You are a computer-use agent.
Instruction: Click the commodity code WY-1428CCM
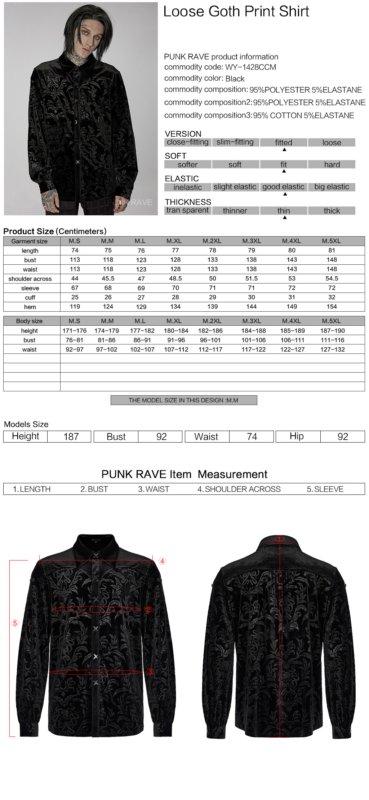click(x=250, y=67)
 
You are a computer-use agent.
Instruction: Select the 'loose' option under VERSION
click(x=332, y=142)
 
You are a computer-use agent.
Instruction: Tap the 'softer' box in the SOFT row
click(x=187, y=165)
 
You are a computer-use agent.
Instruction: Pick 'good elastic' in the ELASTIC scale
click(x=283, y=187)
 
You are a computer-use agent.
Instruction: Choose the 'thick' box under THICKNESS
click(x=332, y=211)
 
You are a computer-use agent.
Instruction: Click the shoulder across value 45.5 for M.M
click(x=108, y=278)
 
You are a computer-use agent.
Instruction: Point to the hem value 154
click(x=332, y=307)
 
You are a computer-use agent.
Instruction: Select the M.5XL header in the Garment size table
click(x=331, y=241)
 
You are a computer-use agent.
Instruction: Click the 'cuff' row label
click(x=30, y=298)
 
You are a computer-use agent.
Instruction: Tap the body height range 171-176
click(x=75, y=331)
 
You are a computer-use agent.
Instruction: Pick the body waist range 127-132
click(x=332, y=350)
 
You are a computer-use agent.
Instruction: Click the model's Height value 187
click(x=71, y=437)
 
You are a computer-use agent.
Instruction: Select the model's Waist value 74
click(x=252, y=437)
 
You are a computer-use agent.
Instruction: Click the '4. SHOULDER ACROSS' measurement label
click(x=239, y=489)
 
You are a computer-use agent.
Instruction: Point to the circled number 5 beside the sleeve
click(x=15, y=623)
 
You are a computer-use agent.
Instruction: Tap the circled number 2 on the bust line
click(x=148, y=609)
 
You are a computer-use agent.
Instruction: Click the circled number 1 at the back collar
click(x=280, y=539)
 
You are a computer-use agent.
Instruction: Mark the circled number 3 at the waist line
click(x=150, y=671)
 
